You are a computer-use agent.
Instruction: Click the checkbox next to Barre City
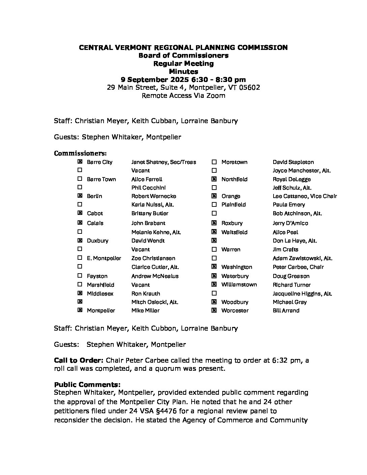click(x=80, y=162)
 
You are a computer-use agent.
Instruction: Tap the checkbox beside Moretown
click(x=214, y=162)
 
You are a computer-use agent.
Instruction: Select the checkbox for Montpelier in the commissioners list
click(x=80, y=310)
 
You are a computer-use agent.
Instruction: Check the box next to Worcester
click(x=214, y=310)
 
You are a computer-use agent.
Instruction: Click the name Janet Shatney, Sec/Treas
click(x=164, y=162)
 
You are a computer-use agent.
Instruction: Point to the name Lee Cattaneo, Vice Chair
click(x=305, y=196)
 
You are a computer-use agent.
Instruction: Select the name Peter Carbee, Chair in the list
click(x=298, y=267)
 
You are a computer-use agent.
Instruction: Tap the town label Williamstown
click(x=239, y=285)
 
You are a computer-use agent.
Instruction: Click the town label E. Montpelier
click(x=104, y=258)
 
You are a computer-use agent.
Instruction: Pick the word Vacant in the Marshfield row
click(x=141, y=285)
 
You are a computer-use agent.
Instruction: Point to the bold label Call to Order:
click(x=79, y=360)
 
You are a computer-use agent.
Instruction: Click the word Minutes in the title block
click(x=183, y=72)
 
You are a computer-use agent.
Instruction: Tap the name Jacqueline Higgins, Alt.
click(x=302, y=294)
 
